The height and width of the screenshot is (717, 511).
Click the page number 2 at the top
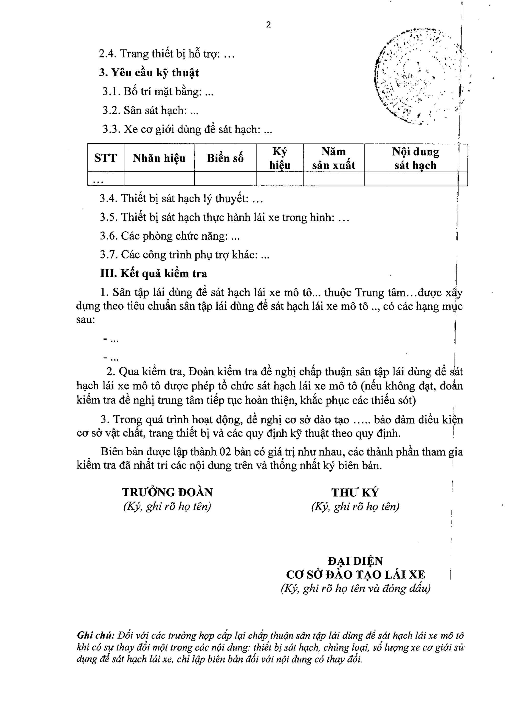click(x=268, y=25)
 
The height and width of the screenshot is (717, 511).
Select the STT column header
click(x=106, y=158)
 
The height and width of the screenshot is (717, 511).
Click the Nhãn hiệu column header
click(x=159, y=158)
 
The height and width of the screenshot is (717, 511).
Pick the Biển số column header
click(x=225, y=158)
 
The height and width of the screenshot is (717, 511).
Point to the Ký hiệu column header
click(x=280, y=158)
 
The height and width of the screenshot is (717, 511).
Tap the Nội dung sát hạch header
click(x=415, y=158)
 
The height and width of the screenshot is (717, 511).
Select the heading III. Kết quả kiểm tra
click(x=154, y=273)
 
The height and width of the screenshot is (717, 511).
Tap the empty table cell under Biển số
click(x=225, y=179)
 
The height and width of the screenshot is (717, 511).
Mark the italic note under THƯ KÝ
click(x=355, y=507)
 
